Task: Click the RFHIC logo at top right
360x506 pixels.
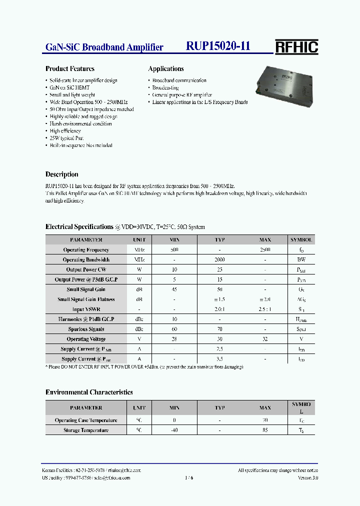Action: pos(296,46)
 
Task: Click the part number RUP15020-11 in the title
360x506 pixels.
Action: pos(218,46)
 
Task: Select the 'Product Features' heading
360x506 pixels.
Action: pos(70,69)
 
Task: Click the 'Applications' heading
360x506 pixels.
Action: pos(166,69)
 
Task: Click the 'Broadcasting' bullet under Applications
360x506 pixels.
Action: pos(165,87)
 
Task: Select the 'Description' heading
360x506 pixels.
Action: pos(62,174)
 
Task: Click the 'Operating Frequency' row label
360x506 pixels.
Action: pos(86,250)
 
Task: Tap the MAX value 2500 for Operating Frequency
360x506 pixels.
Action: pos(265,250)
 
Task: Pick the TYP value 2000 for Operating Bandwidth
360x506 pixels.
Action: pos(219,260)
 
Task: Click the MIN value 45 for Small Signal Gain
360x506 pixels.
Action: pos(174,289)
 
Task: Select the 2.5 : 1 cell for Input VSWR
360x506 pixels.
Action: pos(265,309)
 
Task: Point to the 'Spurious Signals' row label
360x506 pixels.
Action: pos(86,329)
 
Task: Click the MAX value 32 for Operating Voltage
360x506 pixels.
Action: pos(265,339)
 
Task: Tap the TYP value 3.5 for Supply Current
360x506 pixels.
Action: pos(219,359)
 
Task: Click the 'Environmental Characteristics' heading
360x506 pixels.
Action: pos(89,392)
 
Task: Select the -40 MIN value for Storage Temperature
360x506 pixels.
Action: pos(174,430)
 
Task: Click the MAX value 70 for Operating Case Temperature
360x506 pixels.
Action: pos(265,420)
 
